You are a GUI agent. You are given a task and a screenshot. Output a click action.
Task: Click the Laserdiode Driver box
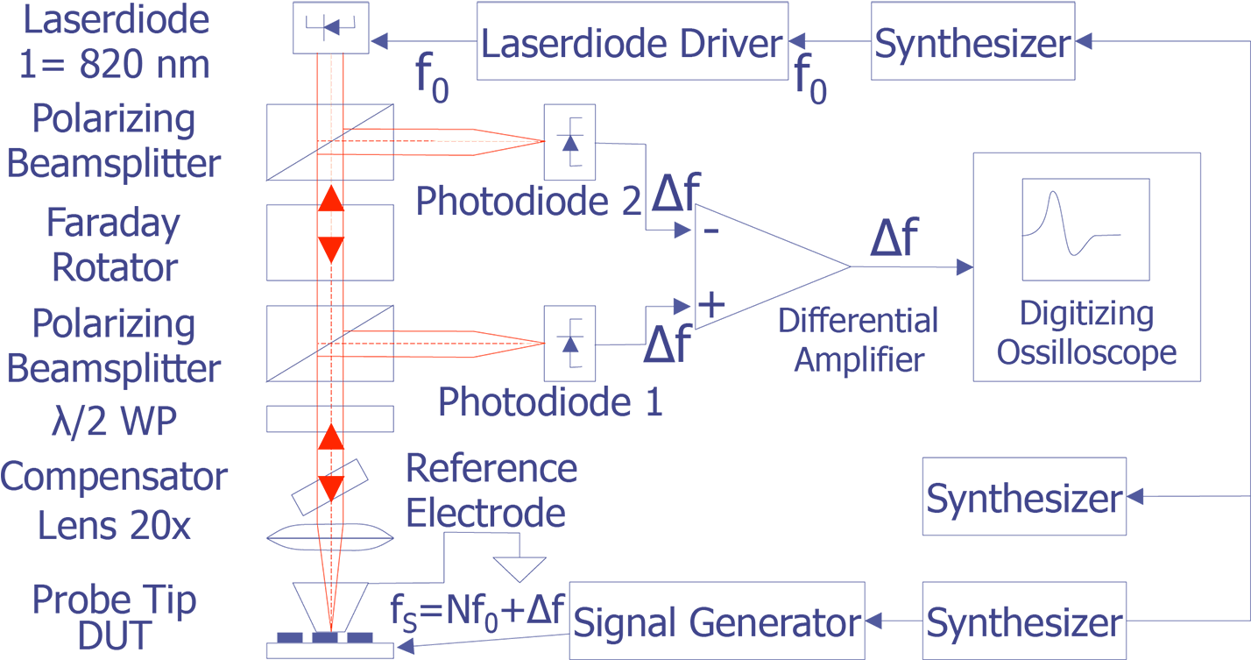633,41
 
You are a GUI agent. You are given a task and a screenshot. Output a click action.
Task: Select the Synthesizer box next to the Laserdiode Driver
972,41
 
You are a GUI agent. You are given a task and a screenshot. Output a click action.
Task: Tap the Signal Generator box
716,621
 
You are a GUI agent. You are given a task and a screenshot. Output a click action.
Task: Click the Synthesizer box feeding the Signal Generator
1023,621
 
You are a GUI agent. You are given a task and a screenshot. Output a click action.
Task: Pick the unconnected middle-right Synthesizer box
1023,497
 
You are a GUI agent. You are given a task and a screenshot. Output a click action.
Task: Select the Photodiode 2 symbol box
569,143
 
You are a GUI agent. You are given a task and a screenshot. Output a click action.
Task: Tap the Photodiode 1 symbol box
569,344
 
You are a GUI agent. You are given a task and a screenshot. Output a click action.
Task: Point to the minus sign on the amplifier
711,231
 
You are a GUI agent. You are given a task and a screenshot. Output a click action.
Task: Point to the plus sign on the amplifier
711,305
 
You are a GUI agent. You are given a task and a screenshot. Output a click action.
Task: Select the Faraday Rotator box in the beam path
329,242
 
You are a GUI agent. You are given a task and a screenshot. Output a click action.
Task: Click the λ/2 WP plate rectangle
329,419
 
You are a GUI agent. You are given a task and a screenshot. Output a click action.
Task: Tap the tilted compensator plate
329,487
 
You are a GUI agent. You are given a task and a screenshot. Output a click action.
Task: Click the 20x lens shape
329,536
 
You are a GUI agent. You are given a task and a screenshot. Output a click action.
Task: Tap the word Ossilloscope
1086,352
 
